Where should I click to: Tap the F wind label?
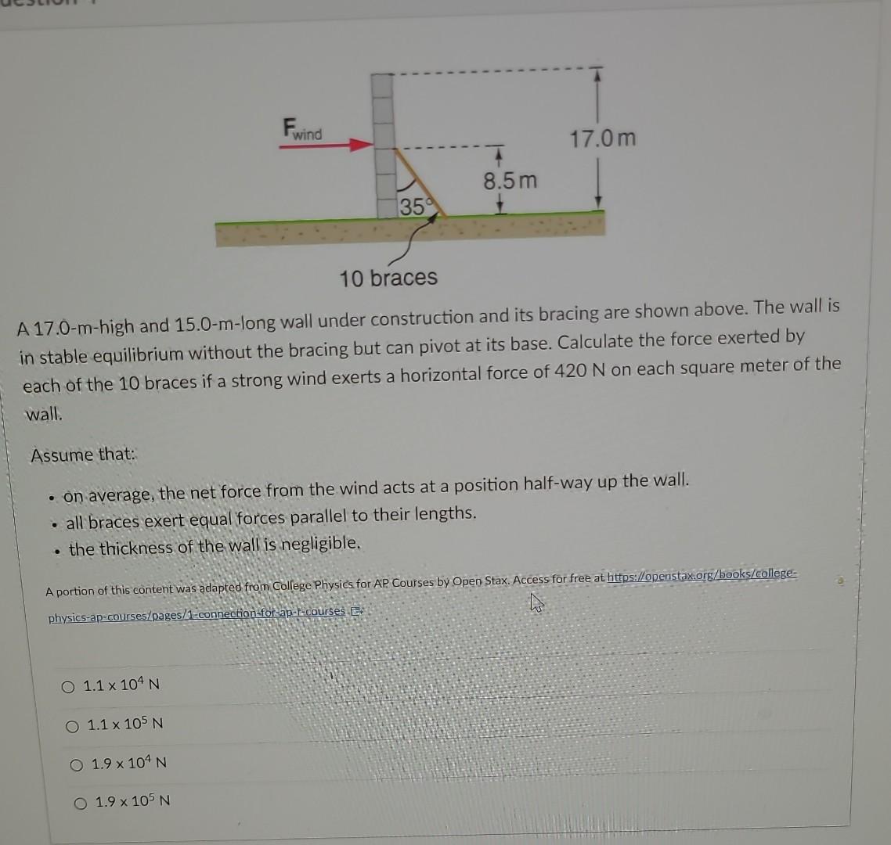point(301,129)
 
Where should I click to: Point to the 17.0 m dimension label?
point(602,140)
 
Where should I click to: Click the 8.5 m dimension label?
point(510,181)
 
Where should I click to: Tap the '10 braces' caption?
point(388,277)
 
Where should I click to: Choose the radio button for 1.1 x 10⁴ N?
point(68,686)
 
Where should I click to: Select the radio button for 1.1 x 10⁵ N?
point(73,725)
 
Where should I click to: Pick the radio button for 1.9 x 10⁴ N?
point(77,764)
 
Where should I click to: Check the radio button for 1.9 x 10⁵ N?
point(81,803)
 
